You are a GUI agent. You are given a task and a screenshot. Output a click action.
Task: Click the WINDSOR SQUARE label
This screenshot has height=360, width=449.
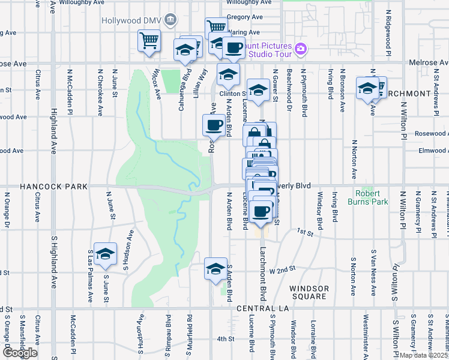point(309,293)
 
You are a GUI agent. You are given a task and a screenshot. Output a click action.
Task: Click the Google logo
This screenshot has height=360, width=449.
point(20,353)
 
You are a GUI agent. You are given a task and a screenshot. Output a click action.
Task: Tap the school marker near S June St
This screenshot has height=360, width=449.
point(105,254)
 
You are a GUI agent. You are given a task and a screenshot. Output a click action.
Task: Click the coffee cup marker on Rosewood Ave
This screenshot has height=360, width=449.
point(214,125)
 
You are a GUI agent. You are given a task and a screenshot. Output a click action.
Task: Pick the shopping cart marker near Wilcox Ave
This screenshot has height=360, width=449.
point(149,41)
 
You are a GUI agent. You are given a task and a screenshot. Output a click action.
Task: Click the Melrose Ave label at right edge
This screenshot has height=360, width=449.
point(428,62)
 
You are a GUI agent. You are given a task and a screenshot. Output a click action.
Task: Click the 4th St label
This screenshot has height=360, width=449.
point(225,339)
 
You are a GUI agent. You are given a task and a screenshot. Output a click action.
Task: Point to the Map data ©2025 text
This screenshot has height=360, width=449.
point(424,355)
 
